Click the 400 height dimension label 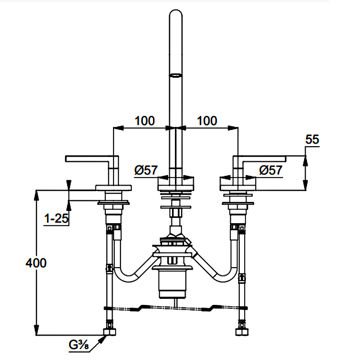tap(36, 263)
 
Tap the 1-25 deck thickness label tap(56, 218)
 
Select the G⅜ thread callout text tap(79, 345)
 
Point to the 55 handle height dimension tap(312, 139)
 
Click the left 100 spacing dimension tap(145, 121)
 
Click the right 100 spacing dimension tap(207, 121)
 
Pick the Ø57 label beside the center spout tap(146, 170)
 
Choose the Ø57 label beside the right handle tap(271, 170)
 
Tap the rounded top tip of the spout tap(176, 10)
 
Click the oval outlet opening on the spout tap(176, 75)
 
